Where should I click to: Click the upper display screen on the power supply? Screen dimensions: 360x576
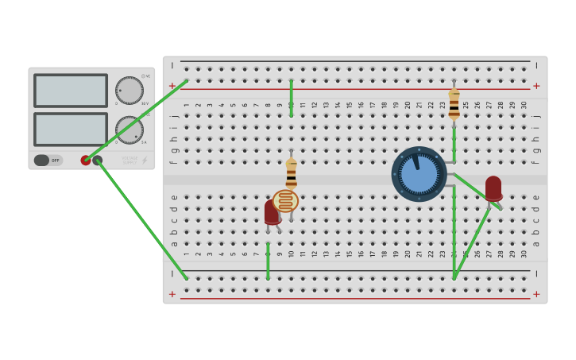pyautogui.click(x=70, y=91)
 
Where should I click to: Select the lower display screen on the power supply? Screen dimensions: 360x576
pyautogui.click(x=70, y=129)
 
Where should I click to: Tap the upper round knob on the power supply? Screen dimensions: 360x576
pyautogui.click(x=129, y=90)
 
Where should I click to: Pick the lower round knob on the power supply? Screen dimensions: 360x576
pyautogui.click(x=129, y=130)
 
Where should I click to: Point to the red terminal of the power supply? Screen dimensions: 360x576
pyautogui.click(x=86, y=161)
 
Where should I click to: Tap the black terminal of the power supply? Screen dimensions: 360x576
pyautogui.click(x=98, y=161)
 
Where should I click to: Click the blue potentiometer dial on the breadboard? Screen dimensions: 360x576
pyautogui.click(x=419, y=173)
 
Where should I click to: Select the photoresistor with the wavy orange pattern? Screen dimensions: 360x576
pyautogui.click(x=285, y=201)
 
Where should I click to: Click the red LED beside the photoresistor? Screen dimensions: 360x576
pyautogui.click(x=271, y=211)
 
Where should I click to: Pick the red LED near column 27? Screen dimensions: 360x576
pyautogui.click(x=493, y=188)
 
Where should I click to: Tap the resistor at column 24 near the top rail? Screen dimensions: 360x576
pyautogui.click(x=454, y=103)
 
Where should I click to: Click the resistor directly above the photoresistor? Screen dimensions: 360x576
pyautogui.click(x=291, y=172)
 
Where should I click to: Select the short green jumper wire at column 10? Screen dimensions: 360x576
pyautogui.click(x=291, y=98)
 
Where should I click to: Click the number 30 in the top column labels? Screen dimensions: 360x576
pyautogui.click(x=524, y=105)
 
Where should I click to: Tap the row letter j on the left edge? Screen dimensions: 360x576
pyautogui.click(x=174, y=116)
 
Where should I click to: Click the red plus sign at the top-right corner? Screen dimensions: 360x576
pyautogui.click(x=536, y=86)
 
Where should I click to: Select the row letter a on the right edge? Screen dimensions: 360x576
pyautogui.click(x=536, y=243)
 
